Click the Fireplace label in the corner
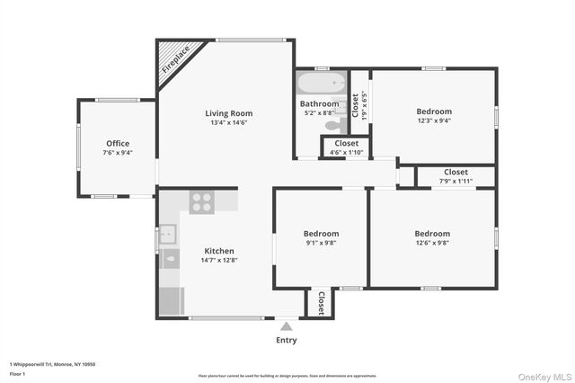tap(176, 59)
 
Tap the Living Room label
tap(228, 113)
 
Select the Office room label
tap(118, 143)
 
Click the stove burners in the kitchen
tap(202, 201)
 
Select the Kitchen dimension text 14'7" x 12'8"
tap(219, 260)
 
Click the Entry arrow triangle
tap(286, 326)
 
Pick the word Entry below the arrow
tap(286, 340)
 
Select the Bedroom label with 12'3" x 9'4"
tap(433, 111)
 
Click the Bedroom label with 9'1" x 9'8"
tap(321, 233)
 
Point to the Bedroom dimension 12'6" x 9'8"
tap(432, 242)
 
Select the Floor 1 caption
tap(17, 372)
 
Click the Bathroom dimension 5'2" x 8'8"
tap(319, 114)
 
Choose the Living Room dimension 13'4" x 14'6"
tap(228, 123)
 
